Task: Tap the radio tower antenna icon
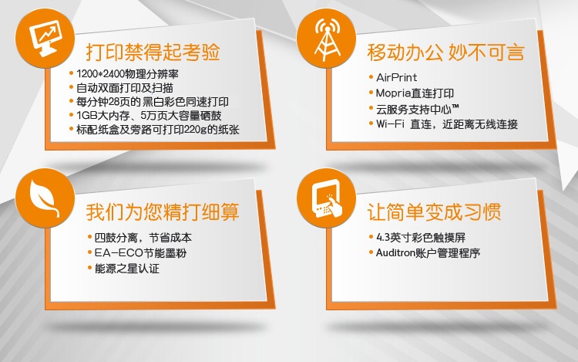tap(327, 39)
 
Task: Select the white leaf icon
tap(44, 198)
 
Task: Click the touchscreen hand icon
tap(327, 198)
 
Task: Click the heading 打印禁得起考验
tap(153, 52)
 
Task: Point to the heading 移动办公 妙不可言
tap(445, 52)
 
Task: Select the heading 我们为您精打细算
tap(163, 211)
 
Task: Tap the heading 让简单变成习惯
tap(434, 211)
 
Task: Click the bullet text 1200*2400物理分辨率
tap(127, 74)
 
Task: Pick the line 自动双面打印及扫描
tap(125, 88)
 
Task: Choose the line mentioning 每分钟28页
tap(153, 101)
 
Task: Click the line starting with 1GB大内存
tap(149, 116)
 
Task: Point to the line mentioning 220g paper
tap(158, 130)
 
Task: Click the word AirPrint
tap(397, 77)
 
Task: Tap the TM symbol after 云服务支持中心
tap(455, 107)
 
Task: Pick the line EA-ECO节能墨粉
tap(140, 252)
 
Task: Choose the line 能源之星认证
tap(127, 269)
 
